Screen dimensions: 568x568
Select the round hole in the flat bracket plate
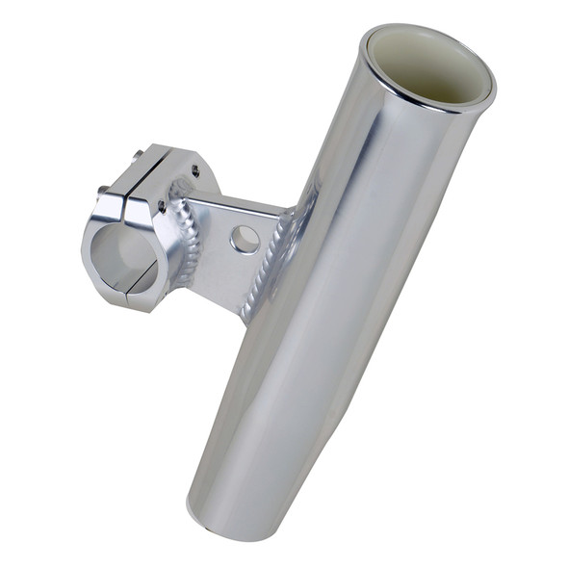click(x=245, y=239)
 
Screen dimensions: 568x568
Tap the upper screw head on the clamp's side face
click(x=196, y=170)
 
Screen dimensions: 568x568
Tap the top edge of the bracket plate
click(x=236, y=201)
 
